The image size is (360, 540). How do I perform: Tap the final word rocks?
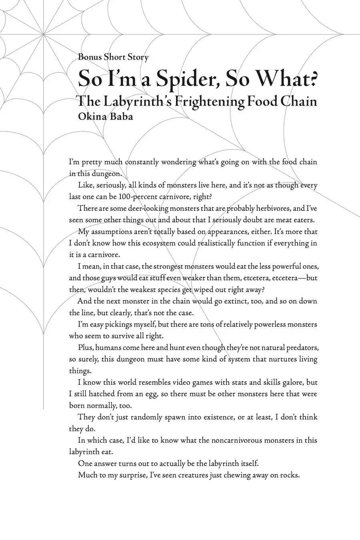289,475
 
